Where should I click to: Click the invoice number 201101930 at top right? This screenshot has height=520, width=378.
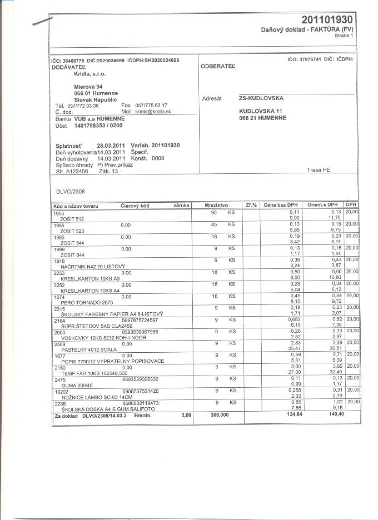point(327,19)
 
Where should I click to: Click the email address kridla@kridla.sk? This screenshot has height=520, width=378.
point(153,112)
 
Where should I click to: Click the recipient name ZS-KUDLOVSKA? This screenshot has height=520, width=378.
point(261,98)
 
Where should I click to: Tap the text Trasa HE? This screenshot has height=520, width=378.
point(319,170)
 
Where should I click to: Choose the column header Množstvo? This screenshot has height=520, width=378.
point(216,206)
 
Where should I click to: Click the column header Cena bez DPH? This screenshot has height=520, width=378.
point(281,206)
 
